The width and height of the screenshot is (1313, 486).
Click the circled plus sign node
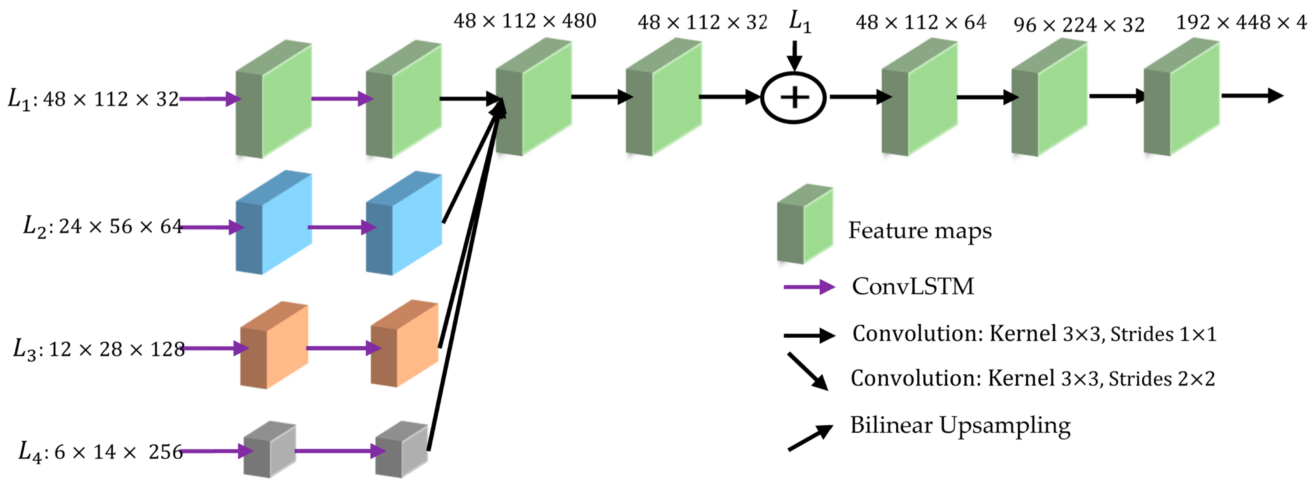[793, 97]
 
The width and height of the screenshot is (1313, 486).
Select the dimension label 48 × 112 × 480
[525, 21]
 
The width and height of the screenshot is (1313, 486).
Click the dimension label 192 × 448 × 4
[1241, 22]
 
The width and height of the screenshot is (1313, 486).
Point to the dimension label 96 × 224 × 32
[1078, 25]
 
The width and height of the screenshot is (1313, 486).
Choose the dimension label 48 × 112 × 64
[920, 22]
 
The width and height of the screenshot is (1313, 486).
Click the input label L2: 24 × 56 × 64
[102, 226]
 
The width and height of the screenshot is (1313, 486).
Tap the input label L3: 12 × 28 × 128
[99, 349]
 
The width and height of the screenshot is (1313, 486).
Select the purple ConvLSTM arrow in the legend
[809, 287]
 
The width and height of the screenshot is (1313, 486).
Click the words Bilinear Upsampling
[960, 425]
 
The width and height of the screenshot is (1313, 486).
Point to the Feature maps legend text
[919, 231]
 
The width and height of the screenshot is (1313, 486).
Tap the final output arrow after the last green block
[1251, 95]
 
